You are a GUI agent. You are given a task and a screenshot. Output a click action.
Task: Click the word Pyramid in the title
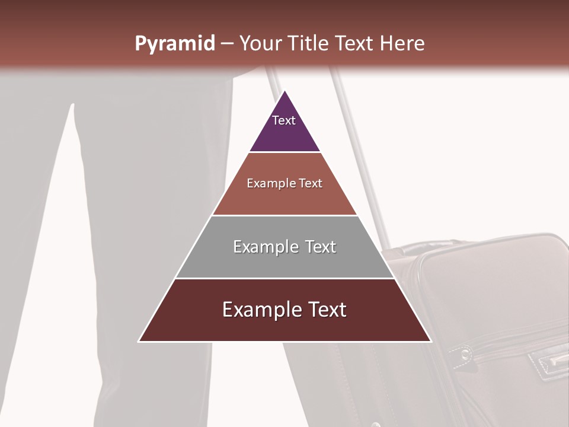pyautogui.click(x=174, y=44)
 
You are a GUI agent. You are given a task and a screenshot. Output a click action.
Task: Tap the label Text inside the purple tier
pyautogui.click(x=284, y=120)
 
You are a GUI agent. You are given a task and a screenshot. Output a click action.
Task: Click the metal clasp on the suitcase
pyautogui.click(x=550, y=361)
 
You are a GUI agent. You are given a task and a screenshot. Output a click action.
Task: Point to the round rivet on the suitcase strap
pyautogui.click(x=466, y=354)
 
